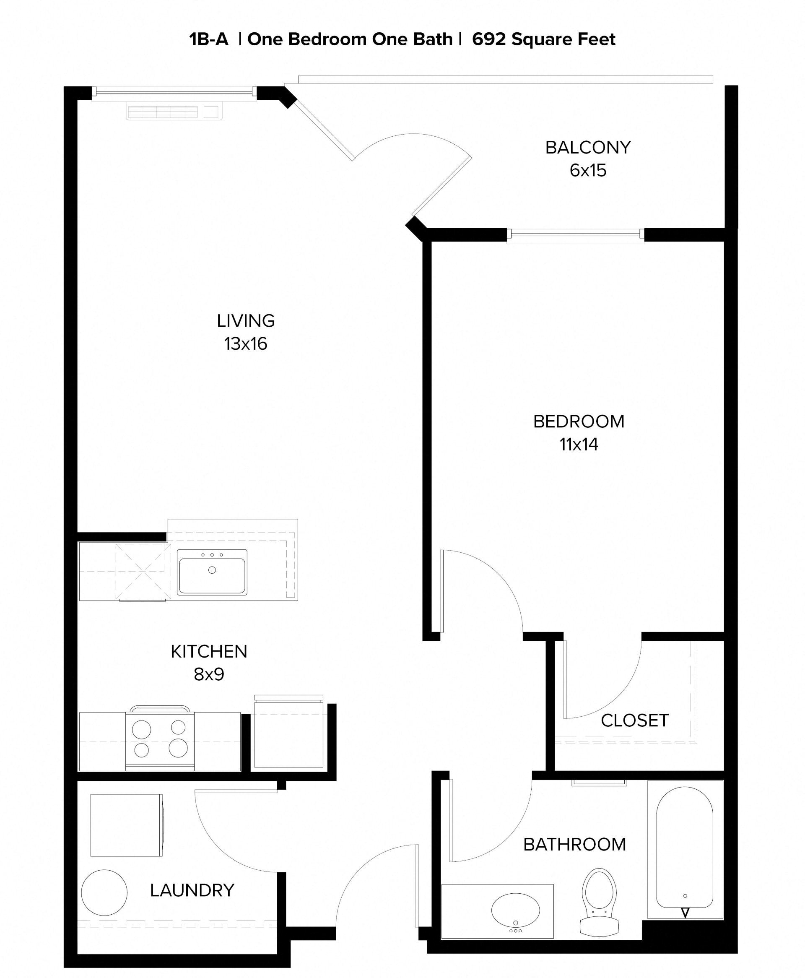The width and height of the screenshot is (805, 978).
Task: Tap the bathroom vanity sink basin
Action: [x=515, y=909]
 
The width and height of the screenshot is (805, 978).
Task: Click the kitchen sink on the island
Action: [x=212, y=572]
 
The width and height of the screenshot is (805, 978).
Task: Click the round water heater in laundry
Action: [x=104, y=892]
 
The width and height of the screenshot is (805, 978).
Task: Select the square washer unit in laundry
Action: [x=126, y=825]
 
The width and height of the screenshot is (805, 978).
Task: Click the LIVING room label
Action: [x=246, y=321]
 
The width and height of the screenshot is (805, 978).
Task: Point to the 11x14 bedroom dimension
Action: [x=579, y=445]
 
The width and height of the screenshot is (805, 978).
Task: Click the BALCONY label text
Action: [x=587, y=148]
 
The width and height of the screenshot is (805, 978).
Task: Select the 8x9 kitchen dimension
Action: [x=209, y=674]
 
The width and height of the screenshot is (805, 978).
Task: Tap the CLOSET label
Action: [x=634, y=720]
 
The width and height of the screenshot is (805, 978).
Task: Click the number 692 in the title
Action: [x=489, y=39]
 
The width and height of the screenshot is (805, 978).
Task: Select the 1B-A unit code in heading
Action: [x=209, y=39]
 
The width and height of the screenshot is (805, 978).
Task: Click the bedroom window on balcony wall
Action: [x=575, y=236]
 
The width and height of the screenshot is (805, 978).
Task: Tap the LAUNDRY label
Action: [x=192, y=890]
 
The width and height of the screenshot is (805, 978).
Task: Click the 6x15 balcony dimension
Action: [x=587, y=171]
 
